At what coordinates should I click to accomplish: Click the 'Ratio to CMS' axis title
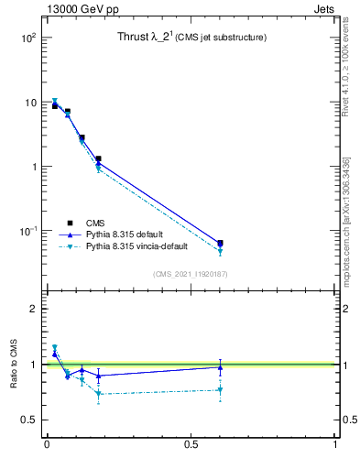(13, 365)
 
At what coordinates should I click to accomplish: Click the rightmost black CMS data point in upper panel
(220, 243)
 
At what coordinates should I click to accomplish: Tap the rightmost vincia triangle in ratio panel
(220, 390)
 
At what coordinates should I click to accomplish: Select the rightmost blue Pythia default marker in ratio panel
(220, 367)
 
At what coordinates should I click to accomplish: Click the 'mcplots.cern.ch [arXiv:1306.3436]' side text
(347, 220)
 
